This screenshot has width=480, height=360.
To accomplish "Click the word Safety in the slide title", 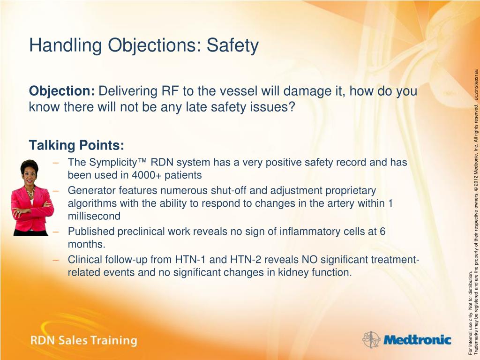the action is coord(232,46).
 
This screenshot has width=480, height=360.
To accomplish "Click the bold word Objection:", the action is coord(62,91).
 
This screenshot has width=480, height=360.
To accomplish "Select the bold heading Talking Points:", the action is coord(76,145).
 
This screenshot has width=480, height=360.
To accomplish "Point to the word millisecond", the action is coord(94,216).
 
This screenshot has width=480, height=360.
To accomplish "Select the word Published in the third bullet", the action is coord(91,232).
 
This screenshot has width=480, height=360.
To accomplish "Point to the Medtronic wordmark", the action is coord(417,340).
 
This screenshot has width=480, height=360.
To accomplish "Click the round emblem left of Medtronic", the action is coord(371,339).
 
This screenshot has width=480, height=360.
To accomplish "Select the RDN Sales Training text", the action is coord(83,340).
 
